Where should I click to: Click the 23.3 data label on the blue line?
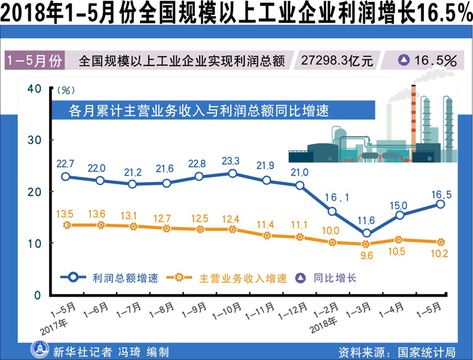pos(232,161)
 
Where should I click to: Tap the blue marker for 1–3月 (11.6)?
pos(367,233)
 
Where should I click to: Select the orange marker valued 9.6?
pos(367,244)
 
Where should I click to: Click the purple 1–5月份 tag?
pos(34,60)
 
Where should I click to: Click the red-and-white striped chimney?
pos(413,118)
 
